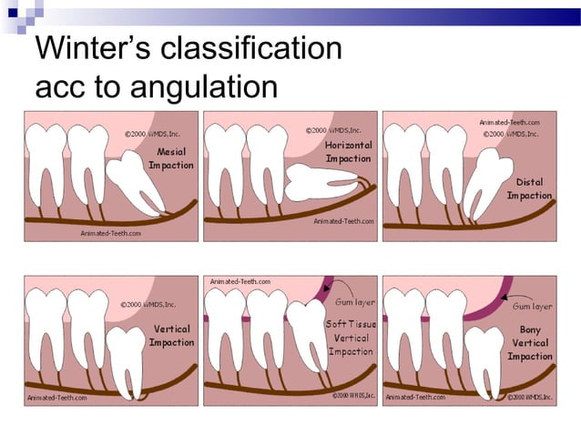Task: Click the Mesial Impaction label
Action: point(171,159)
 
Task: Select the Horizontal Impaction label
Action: point(348,152)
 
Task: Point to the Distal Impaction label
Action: point(529,188)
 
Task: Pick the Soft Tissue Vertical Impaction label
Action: point(350,337)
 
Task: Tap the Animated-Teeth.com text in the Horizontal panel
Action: point(343,221)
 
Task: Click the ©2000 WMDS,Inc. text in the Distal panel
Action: point(510,134)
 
